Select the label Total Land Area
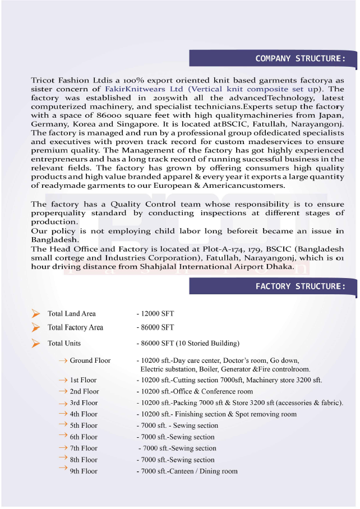click(72, 314)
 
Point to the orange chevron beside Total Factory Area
click(36, 327)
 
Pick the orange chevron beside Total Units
click(36, 343)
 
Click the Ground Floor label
click(90, 360)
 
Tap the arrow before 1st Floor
click(63, 380)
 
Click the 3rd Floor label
click(84, 402)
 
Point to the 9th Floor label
click(84, 471)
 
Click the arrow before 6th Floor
click(63, 436)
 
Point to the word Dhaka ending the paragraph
click(281, 267)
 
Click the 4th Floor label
click(84, 414)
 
